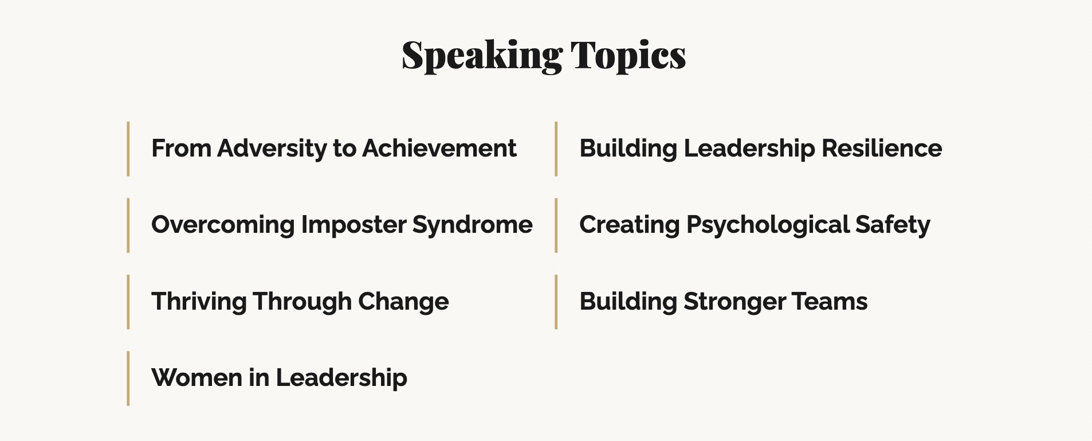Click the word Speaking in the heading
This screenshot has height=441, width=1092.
[482, 56]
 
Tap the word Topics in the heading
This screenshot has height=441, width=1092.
[628, 56]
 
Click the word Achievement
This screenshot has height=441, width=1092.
[439, 149]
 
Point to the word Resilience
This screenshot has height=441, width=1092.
[882, 149]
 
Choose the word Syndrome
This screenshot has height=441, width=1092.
[472, 225]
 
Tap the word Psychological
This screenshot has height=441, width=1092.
[768, 225]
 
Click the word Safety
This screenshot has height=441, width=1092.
[893, 225]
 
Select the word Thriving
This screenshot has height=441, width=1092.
[199, 302]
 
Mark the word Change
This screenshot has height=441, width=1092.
[403, 302]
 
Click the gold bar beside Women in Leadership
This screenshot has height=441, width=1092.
[128, 378]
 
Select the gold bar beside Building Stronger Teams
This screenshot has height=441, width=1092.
[556, 302]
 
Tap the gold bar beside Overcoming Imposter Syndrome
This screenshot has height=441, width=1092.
[128, 225]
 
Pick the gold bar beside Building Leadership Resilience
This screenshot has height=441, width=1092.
[556, 149]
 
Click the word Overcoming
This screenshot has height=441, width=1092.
[223, 225]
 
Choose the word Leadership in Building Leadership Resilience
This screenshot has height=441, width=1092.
[749, 149]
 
